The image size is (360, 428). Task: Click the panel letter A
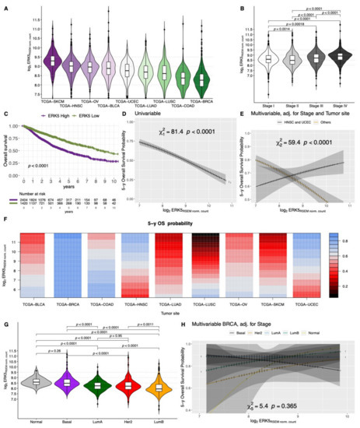6,6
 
